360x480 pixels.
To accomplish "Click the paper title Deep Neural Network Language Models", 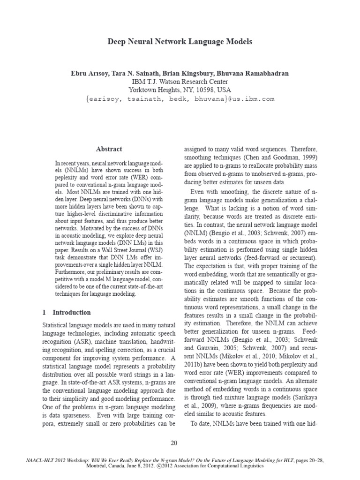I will (180, 42).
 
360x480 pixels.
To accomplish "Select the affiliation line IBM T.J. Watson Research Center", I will (180, 82).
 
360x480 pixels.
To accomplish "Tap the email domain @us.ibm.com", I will (251, 99).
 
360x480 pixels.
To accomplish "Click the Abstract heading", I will (109, 149).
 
